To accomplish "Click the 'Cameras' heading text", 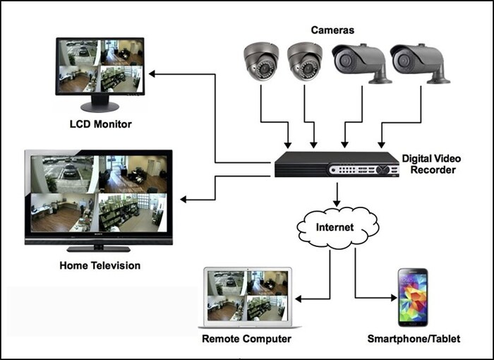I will tap(333, 30).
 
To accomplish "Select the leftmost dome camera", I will tap(262, 62).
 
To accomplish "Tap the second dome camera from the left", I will tap(305, 62).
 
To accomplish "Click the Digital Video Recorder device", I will tap(336, 164).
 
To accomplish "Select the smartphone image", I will tap(413, 296).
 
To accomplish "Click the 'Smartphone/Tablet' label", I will tap(414, 340).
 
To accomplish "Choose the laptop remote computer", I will tap(247, 296).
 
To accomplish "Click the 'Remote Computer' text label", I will tap(246, 340).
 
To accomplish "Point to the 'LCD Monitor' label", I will tap(100, 124).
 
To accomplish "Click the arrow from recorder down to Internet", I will tap(337, 193).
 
